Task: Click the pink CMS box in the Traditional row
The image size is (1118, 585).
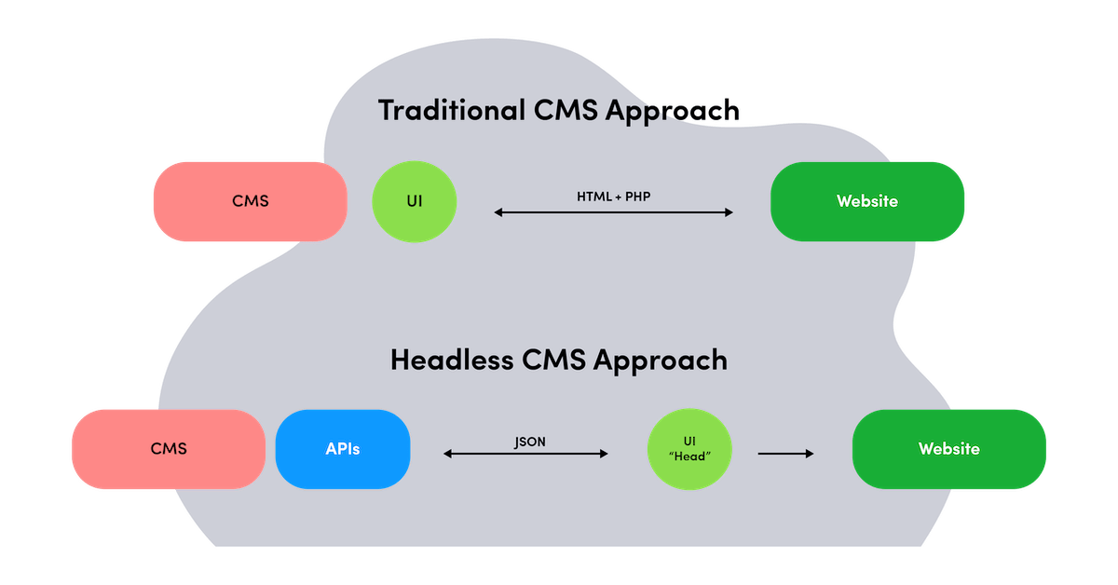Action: point(250,201)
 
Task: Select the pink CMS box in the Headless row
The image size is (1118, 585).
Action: point(169,449)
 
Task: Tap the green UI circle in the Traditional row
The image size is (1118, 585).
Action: point(415,201)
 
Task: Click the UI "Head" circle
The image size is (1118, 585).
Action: point(690,449)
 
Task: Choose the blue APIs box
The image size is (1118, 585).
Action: point(343,449)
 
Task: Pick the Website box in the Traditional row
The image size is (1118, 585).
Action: point(867,201)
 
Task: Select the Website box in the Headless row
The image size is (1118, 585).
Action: point(949,449)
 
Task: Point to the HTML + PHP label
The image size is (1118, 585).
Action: point(613,197)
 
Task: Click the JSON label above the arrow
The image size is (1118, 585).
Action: point(530,442)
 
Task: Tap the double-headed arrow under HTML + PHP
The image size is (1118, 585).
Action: point(613,213)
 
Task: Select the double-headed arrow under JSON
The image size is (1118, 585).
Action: point(525,455)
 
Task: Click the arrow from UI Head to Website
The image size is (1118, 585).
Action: point(785,454)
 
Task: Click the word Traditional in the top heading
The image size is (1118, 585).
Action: point(452,110)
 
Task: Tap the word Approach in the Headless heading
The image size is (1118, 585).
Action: point(661,361)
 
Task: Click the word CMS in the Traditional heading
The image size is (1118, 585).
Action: point(566,110)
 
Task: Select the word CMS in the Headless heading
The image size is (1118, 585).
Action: point(554,360)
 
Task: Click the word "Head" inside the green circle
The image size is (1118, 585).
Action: point(690,456)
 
